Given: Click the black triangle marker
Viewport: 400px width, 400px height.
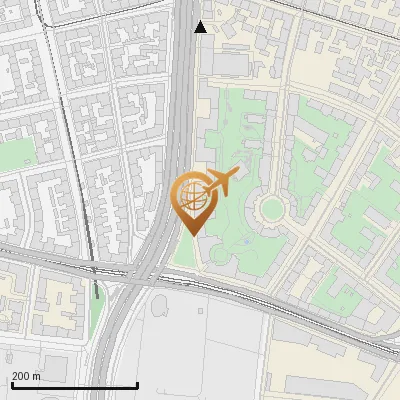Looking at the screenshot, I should click(x=201, y=27).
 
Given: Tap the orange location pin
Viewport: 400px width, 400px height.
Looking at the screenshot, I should click(x=191, y=205).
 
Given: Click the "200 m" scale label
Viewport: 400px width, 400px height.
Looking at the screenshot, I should click(x=27, y=376).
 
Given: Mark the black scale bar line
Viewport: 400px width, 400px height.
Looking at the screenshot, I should click(x=74, y=385).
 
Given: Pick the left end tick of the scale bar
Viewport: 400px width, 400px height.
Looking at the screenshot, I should click(x=12, y=383).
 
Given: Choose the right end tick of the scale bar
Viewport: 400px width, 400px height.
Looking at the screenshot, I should click(x=137, y=383).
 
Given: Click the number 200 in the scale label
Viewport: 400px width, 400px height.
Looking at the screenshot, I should click(x=22, y=376).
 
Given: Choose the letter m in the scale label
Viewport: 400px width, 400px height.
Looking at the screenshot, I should click(x=37, y=376).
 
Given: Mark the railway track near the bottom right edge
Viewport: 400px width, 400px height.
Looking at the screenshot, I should click(x=370, y=340).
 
